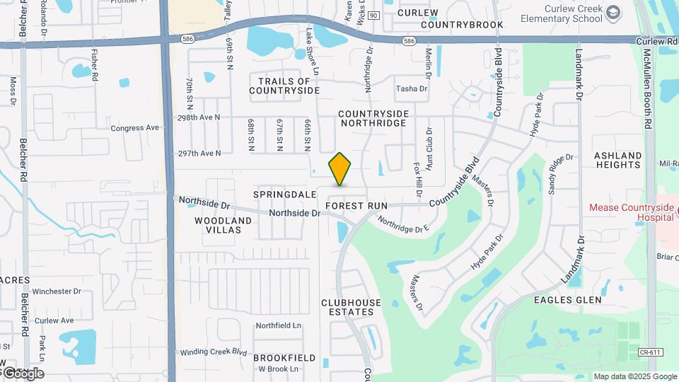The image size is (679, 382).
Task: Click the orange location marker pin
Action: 340,169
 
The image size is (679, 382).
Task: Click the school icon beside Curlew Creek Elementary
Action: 613,13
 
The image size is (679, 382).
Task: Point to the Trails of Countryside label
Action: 284,86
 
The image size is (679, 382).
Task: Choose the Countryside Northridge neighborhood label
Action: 373,118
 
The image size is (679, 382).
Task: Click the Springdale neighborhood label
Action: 285,194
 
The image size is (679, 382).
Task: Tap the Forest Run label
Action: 356,206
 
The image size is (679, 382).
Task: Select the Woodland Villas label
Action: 223,226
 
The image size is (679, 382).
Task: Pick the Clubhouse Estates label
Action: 351,307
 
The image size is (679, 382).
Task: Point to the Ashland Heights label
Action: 617,160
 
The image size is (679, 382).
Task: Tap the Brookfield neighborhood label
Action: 284,358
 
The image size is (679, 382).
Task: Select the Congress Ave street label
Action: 135,128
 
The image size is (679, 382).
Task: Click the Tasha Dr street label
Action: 412,88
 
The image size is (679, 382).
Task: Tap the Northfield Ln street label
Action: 278,325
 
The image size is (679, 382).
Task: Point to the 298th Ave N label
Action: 199,117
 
